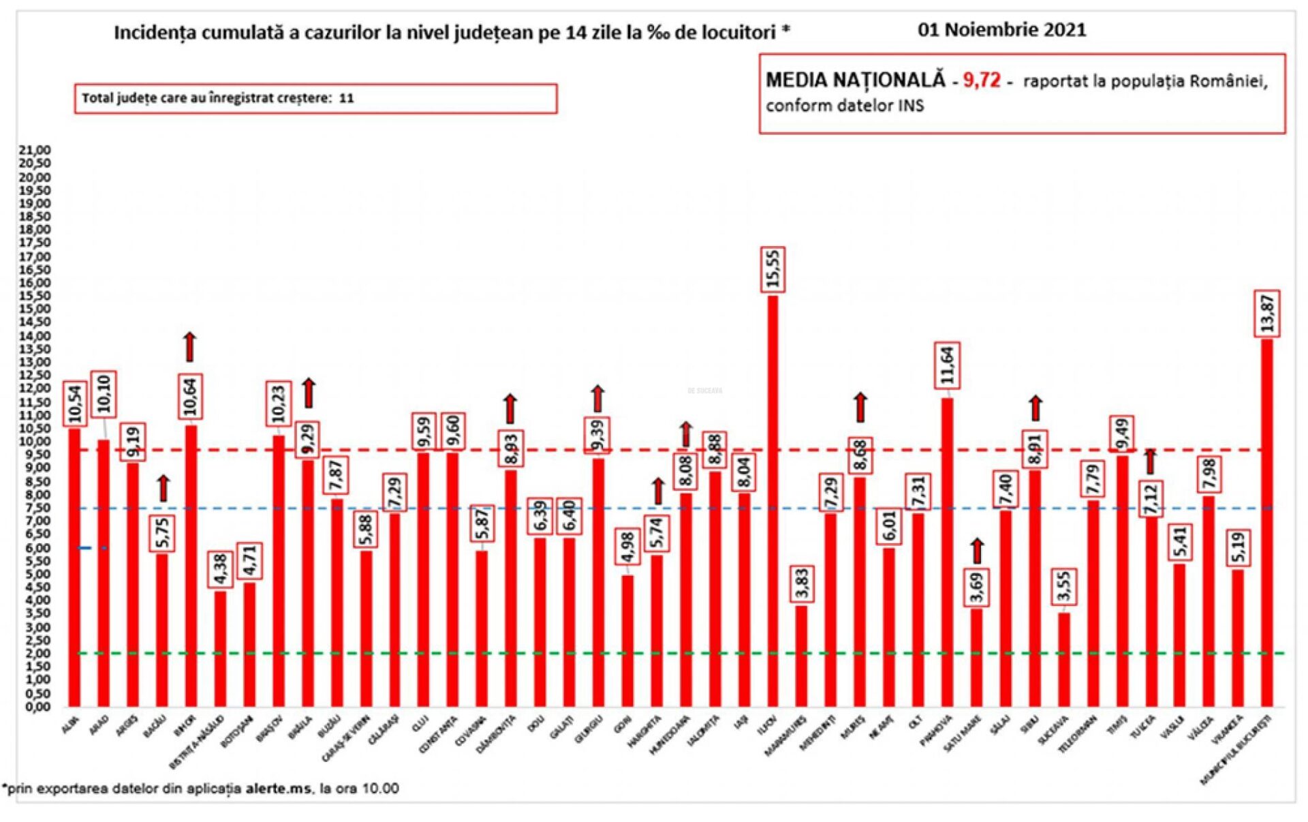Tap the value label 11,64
pos(947,365)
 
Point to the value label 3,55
pos(1063,587)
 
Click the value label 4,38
pos(220,568)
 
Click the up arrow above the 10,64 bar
pos(190,347)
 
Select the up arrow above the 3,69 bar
pos(977,551)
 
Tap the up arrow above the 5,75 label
pos(163,488)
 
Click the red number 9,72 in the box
pos(981,80)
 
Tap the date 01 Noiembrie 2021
pos(1001,30)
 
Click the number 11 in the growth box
pos(346,98)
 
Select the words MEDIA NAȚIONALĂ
pos(856,80)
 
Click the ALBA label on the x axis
pos(69,727)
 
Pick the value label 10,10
pos(104,394)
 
